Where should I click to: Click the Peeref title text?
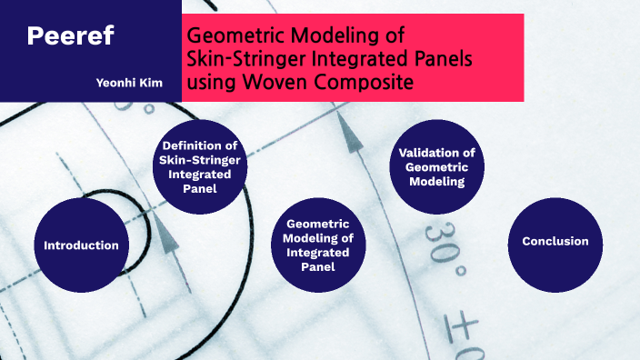[70, 36]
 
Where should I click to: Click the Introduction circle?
[82, 245]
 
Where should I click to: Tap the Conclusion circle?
[555, 242]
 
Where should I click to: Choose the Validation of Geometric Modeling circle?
[437, 167]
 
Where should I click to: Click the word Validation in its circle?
[437, 153]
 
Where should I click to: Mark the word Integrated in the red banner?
[355, 60]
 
